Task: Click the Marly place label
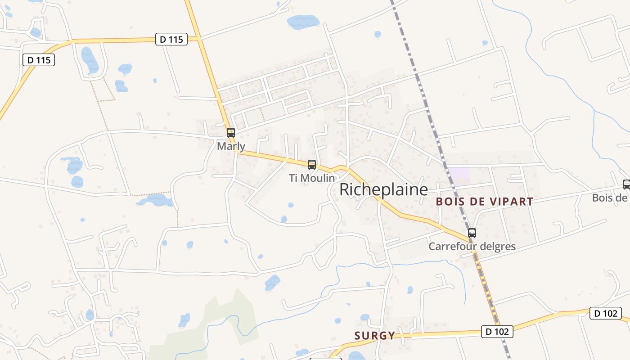tap(231, 146)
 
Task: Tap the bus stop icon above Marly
tap(231, 133)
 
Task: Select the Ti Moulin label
tap(312, 178)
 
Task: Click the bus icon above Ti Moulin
tap(312, 165)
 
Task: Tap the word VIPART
tap(510, 202)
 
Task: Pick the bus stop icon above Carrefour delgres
tap(472, 233)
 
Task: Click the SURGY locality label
tap(374, 336)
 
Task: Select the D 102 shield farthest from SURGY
tap(606, 313)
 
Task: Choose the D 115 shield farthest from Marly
tap(39, 59)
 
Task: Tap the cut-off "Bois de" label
tap(610, 198)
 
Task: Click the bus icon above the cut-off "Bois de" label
tap(626, 184)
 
